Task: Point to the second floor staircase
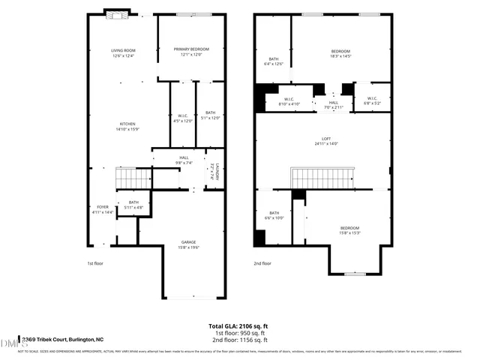(321, 178)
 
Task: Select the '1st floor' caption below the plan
(95, 263)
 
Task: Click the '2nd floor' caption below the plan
(262, 263)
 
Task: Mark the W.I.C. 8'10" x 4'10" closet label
(289, 101)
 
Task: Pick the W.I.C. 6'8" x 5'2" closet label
(372, 101)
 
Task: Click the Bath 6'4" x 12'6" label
(273, 61)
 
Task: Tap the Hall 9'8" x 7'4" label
(178, 160)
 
